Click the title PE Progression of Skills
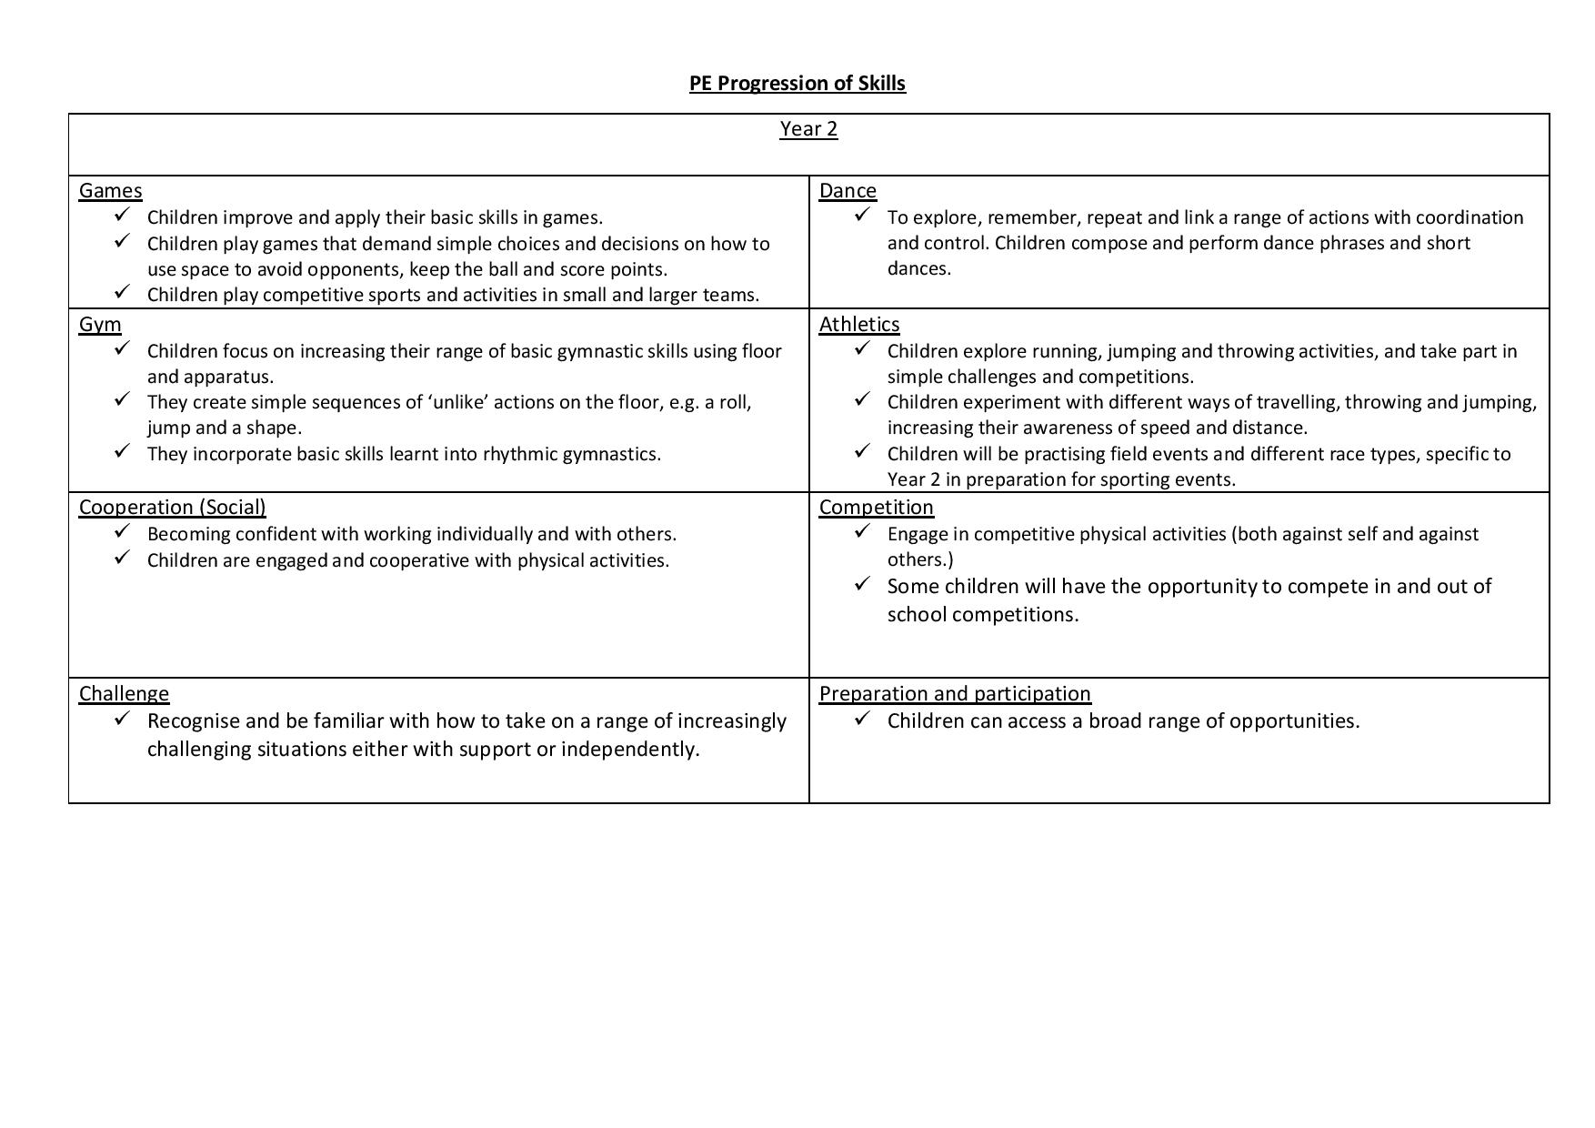tap(797, 83)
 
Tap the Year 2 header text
tap(808, 129)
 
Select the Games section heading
tap(110, 191)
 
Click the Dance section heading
tap(848, 191)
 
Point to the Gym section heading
tap(100, 325)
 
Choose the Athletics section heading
tap(859, 325)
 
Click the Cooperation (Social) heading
tap(172, 508)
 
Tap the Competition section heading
tap(876, 508)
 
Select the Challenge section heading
tap(124, 694)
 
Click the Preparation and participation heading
tap(955, 694)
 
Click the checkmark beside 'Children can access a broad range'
tap(863, 719)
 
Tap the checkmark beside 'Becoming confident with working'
tap(123, 531)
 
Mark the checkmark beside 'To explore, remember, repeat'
tap(863, 215)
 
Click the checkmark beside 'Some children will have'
tap(863, 584)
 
